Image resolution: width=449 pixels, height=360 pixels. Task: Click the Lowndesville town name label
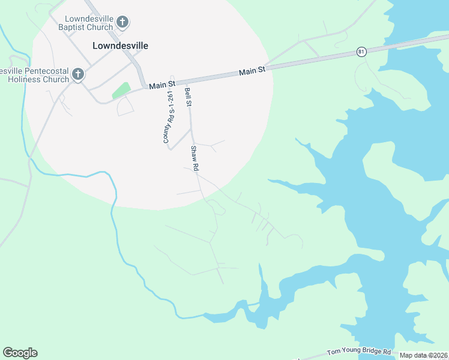[x=120, y=46]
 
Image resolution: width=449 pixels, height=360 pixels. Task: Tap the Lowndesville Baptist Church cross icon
[x=122, y=23]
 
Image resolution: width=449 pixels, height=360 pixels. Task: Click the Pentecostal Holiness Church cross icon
[x=77, y=75]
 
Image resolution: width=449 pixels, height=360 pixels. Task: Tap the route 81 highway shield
[x=361, y=52]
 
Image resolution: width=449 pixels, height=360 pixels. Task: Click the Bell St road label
[x=188, y=97]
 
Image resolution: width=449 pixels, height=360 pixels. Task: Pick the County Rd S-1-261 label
[x=169, y=118]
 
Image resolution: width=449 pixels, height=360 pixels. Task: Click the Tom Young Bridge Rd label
[x=359, y=352]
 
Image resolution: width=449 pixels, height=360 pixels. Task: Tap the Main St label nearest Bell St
[x=161, y=86]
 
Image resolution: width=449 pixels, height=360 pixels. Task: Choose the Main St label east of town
[x=252, y=71]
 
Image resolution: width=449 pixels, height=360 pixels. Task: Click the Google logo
[x=20, y=353]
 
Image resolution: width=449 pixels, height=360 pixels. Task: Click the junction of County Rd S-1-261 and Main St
[x=172, y=83]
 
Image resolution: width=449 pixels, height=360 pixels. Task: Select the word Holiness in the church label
[x=20, y=79]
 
